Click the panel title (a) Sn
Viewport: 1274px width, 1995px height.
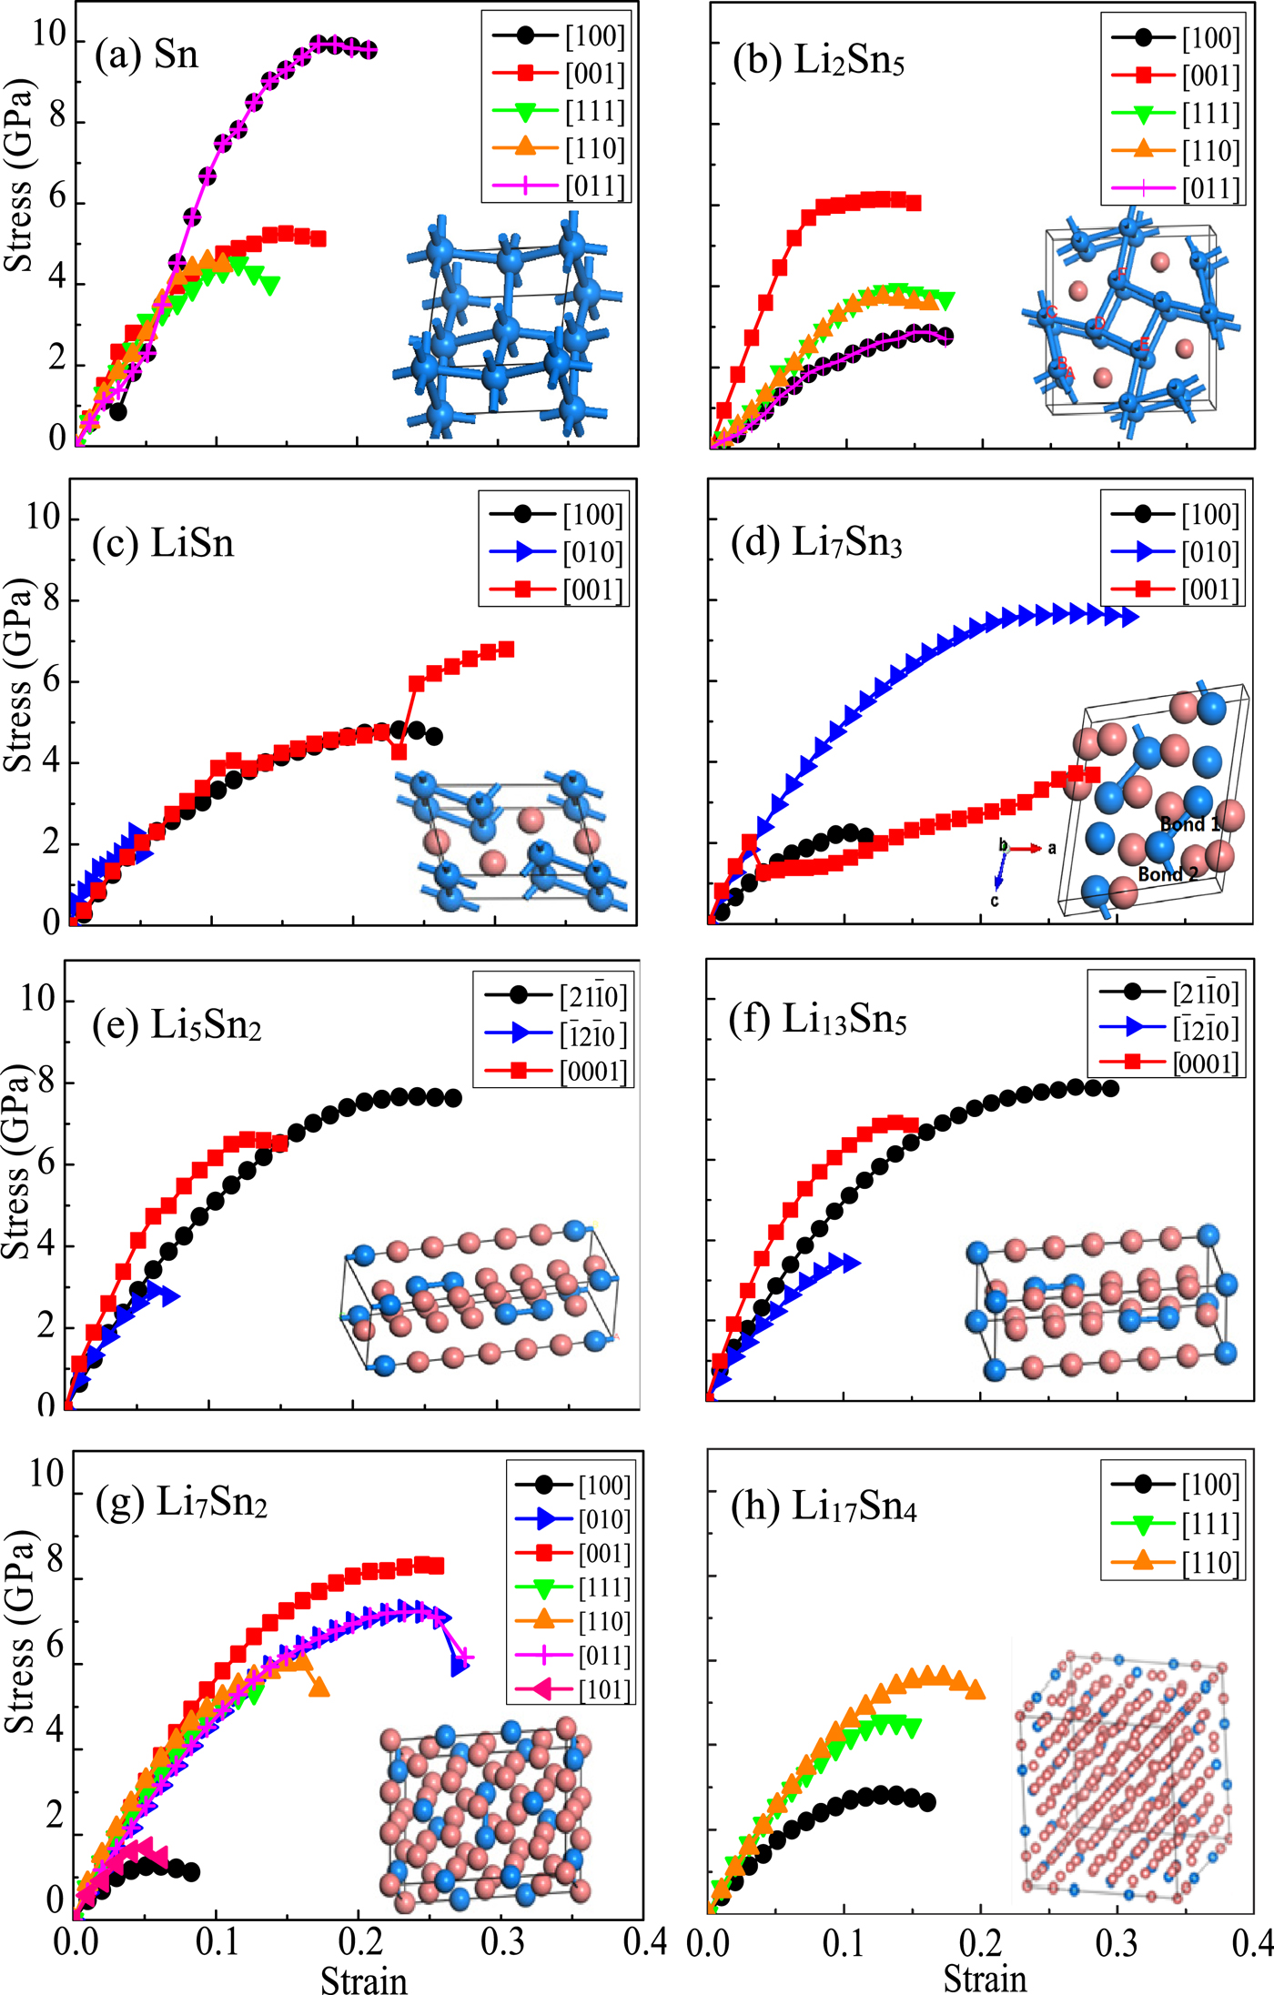click(146, 55)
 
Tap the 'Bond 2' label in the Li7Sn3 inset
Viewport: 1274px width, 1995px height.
click(1168, 874)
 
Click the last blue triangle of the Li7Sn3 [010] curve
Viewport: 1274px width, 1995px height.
click(1128, 618)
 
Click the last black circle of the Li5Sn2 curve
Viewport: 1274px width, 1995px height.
click(453, 1098)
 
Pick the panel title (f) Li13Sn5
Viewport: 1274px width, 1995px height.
click(817, 1020)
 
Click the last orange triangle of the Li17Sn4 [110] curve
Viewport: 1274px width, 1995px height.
click(975, 1690)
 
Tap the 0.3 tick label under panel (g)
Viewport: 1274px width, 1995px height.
click(503, 1942)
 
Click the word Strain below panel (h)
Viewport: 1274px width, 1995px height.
click(985, 1978)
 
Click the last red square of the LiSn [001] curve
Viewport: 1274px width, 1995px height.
click(507, 650)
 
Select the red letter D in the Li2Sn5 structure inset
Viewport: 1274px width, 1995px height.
click(1100, 323)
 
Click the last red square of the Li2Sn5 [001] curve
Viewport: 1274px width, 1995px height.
click(914, 203)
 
